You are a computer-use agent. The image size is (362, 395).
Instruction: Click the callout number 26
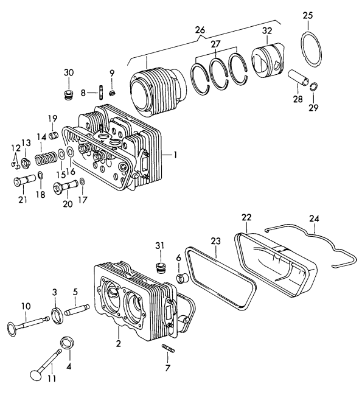pyautogui.click(x=200, y=29)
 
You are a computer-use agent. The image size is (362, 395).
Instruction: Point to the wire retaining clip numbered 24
pyautogui.click(x=313, y=241)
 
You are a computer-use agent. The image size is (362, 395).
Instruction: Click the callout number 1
pyautogui.click(x=175, y=155)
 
